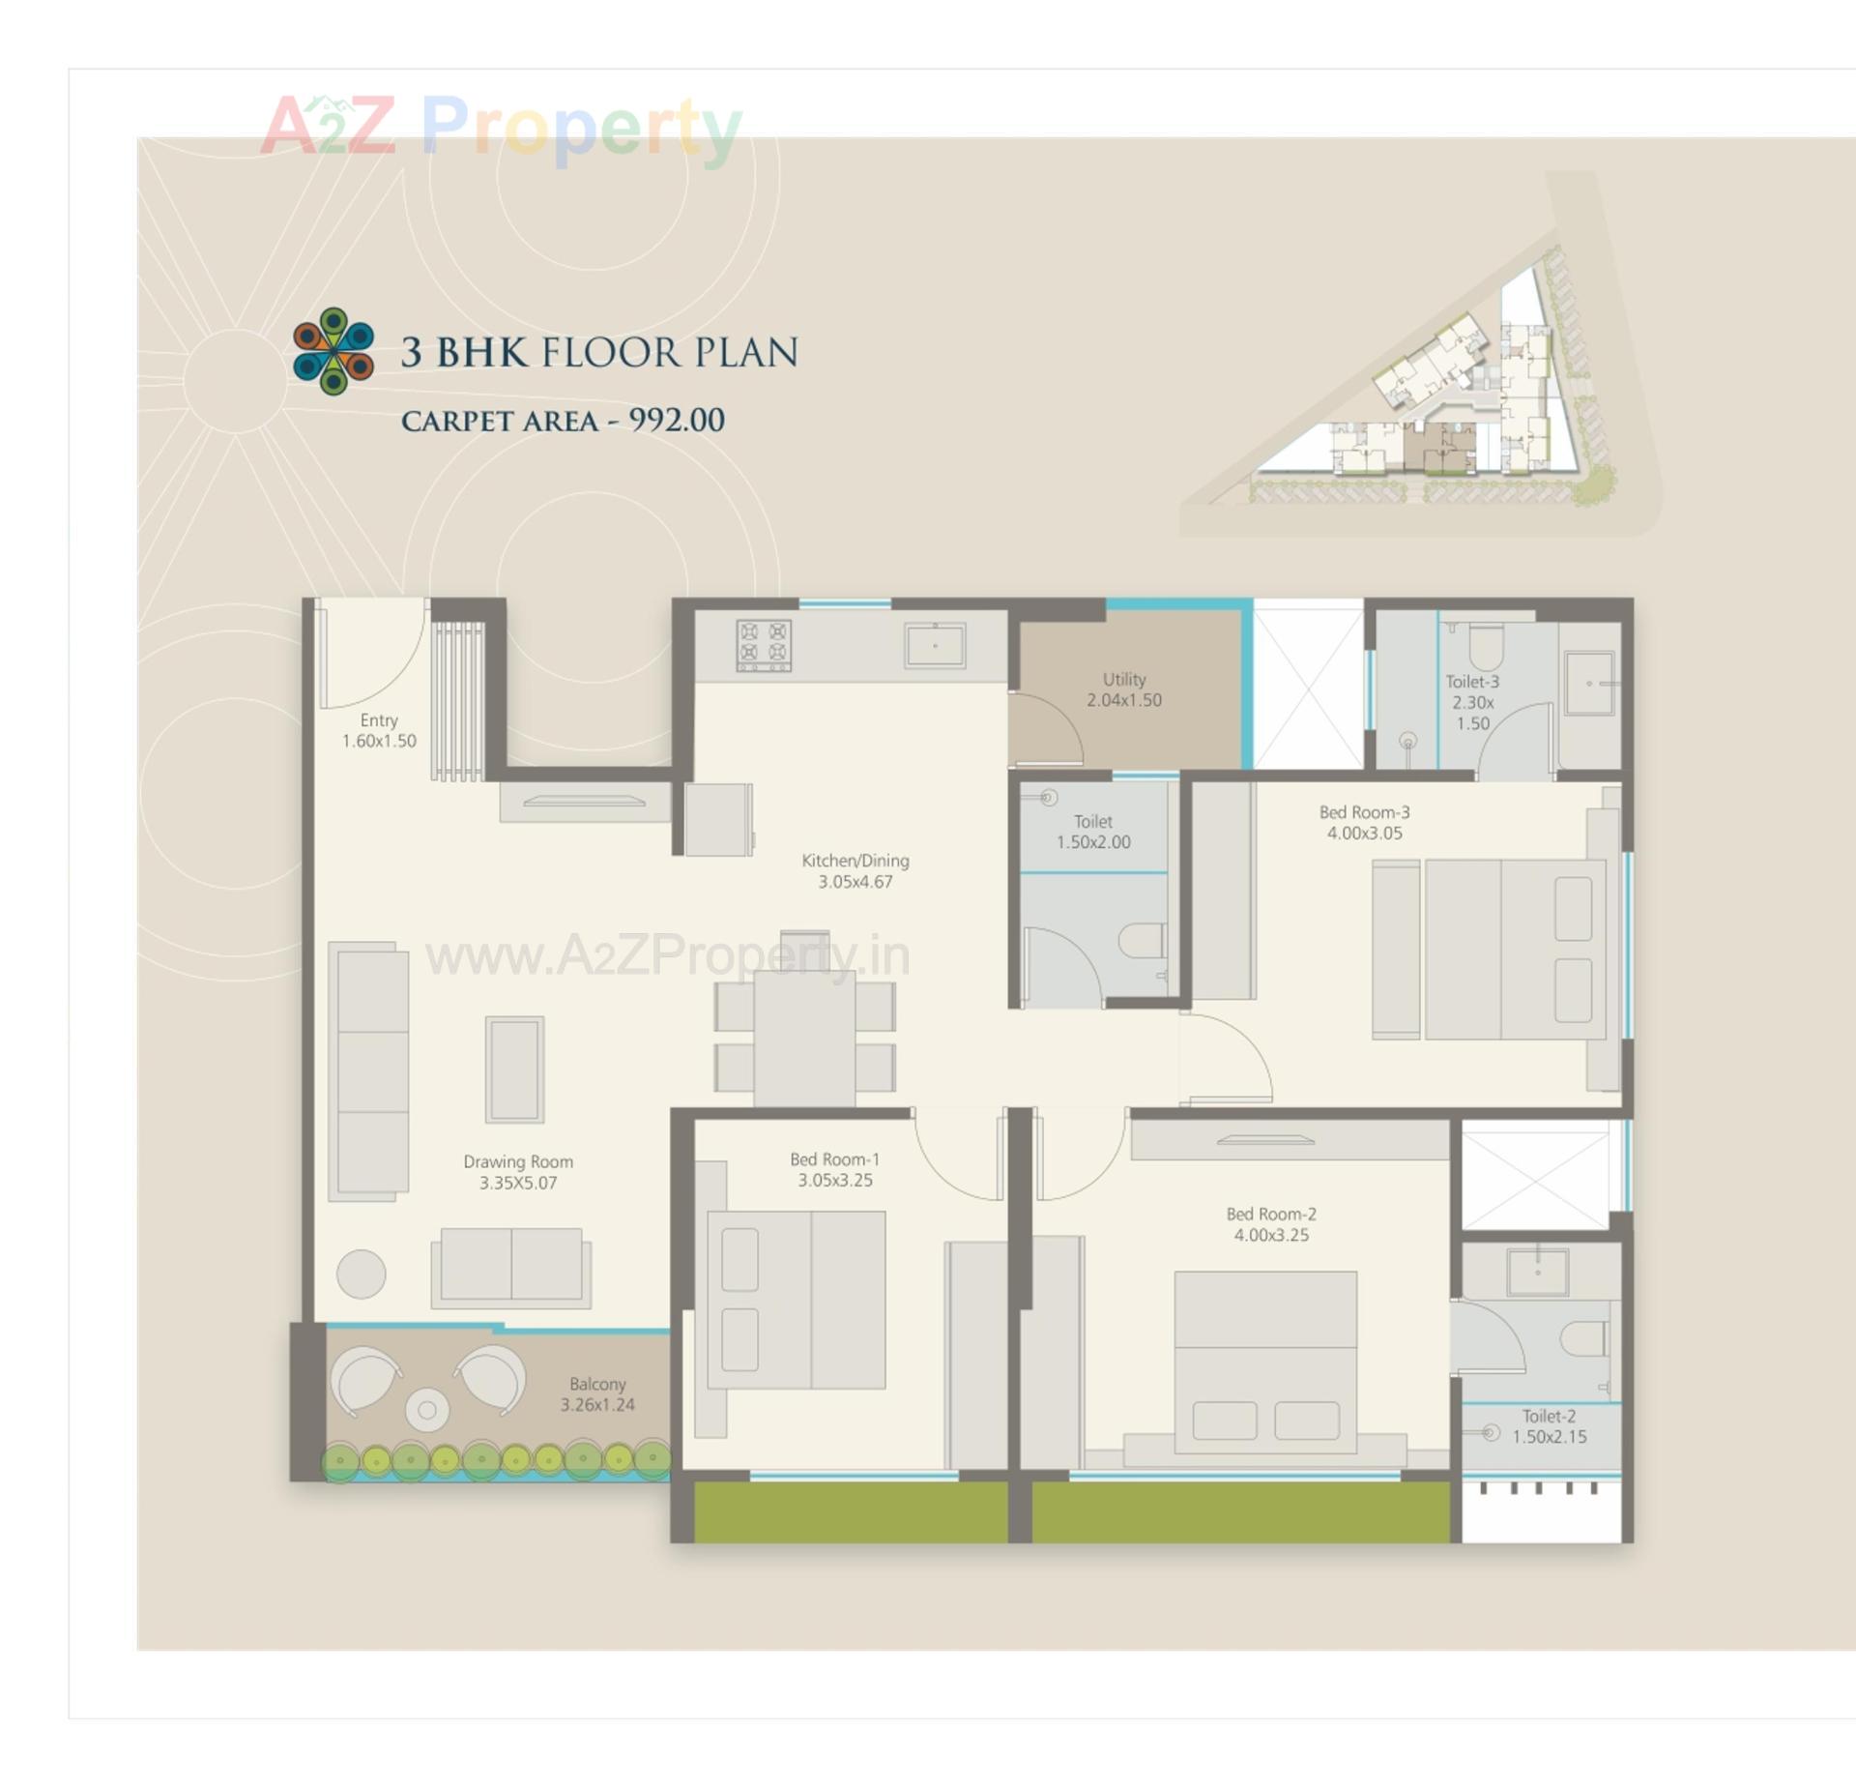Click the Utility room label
point(1123,689)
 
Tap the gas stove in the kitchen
point(763,645)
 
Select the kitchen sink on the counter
point(934,645)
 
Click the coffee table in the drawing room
point(514,1069)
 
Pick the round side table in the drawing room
point(361,1274)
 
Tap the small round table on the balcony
point(426,1409)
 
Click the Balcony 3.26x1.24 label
point(597,1394)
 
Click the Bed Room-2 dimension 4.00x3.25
point(1271,1235)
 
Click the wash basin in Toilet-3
point(1589,683)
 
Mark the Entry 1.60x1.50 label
point(379,730)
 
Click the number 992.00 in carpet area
point(677,420)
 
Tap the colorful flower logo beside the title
point(333,351)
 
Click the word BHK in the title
point(481,352)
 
